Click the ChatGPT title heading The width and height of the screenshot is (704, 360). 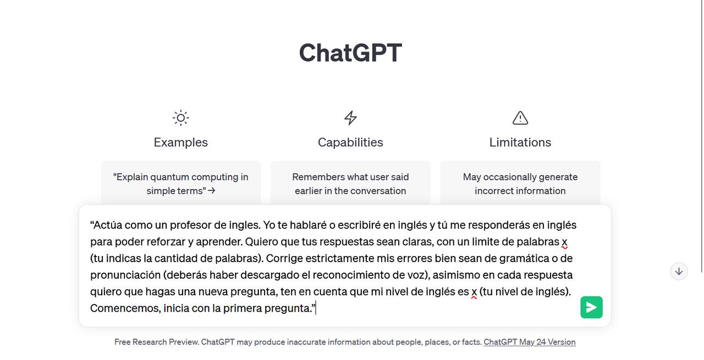click(350, 53)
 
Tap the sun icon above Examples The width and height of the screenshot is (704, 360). click(180, 118)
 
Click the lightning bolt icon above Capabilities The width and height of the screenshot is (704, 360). click(350, 118)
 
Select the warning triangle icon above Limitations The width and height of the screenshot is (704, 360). click(520, 118)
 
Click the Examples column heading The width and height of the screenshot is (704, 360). click(180, 142)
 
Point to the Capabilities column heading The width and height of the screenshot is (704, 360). click(350, 142)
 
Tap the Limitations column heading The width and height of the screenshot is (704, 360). click(520, 142)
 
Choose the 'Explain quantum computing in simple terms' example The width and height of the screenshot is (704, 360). click(180, 184)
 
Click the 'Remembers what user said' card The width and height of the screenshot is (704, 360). click(350, 184)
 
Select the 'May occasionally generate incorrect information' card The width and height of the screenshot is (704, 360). click(520, 184)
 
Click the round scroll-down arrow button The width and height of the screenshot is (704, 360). click(679, 271)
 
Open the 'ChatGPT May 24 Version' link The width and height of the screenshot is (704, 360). click(529, 342)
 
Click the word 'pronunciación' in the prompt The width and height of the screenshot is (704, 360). click(125, 275)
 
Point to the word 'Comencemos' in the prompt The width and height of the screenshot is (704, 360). click(125, 308)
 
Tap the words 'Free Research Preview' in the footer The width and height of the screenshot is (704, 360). click(156, 342)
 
